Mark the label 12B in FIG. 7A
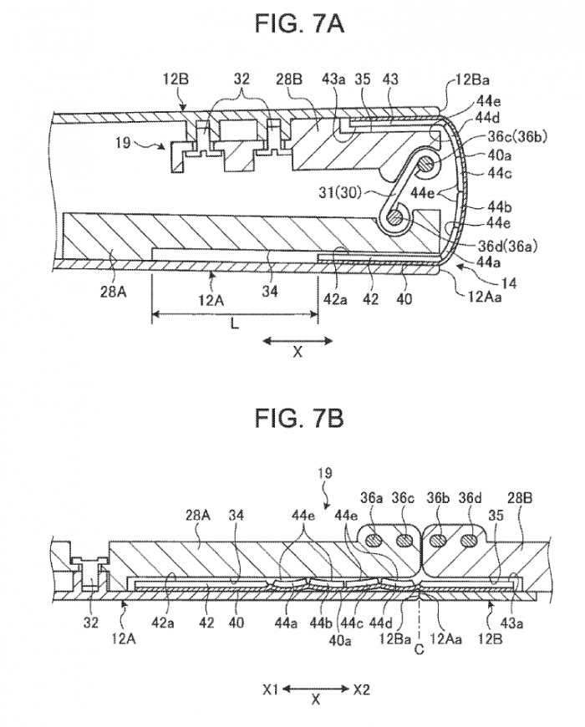point(175,80)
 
